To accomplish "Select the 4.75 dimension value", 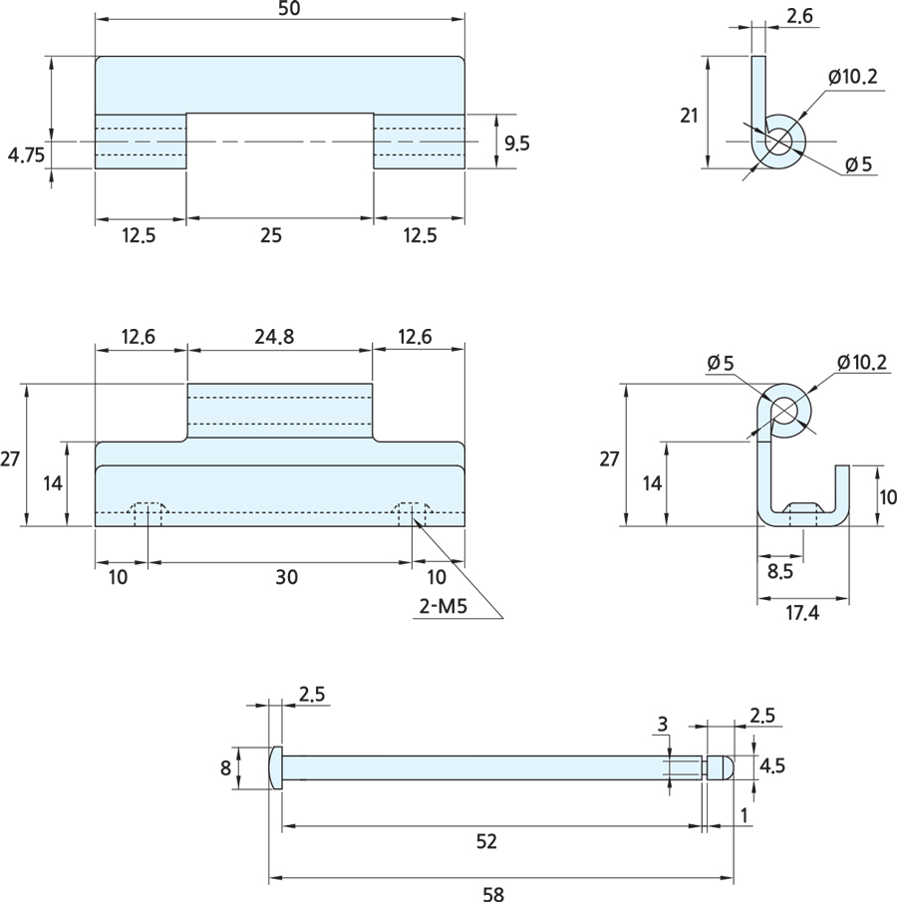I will [x=26, y=154].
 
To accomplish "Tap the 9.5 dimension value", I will [x=517, y=143].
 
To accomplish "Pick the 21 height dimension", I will [x=689, y=115].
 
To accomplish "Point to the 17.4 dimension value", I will [x=802, y=613].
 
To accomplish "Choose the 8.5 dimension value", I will [x=780, y=572].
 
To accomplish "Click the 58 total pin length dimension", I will [x=493, y=894].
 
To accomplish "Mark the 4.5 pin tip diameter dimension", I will [x=772, y=765].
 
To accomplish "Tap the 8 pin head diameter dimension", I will [x=226, y=767].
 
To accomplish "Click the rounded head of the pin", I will [x=276, y=767].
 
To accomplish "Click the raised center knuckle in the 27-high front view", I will [x=280, y=410].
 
